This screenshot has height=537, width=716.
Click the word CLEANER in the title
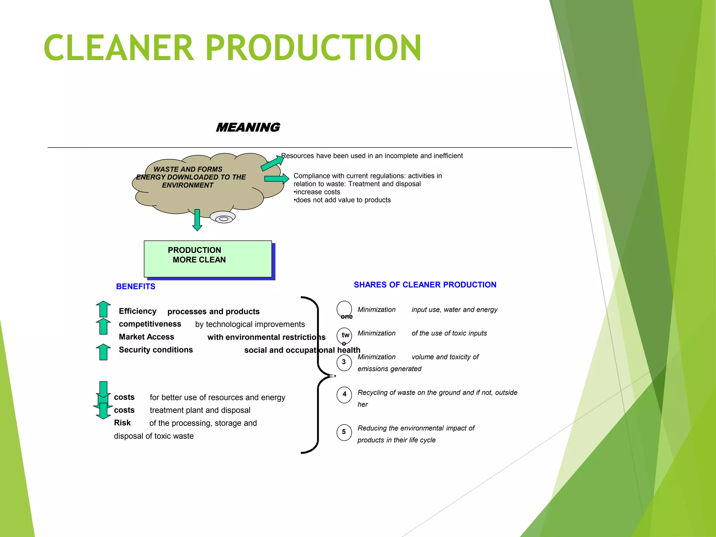[x=119, y=48]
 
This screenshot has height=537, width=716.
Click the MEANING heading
[x=248, y=127]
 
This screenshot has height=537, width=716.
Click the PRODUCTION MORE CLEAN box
[x=208, y=259]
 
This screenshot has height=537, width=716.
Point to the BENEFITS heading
[x=136, y=286]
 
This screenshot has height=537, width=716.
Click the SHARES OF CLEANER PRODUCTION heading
[x=425, y=285]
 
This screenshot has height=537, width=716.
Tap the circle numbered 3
[x=344, y=362]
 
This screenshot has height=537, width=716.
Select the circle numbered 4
[x=344, y=394]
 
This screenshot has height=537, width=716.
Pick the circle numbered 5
[x=344, y=432]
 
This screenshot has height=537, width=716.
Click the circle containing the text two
[x=344, y=335]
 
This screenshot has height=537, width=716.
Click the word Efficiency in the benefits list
[x=137, y=311]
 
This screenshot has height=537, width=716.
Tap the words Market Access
[x=146, y=337]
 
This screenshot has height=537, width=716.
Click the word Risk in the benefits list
[x=122, y=423]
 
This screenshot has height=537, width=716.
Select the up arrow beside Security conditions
[x=103, y=352]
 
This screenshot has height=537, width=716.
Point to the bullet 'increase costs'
[x=317, y=192]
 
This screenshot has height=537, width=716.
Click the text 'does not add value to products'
[x=343, y=200]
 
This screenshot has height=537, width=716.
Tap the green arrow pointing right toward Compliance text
[x=276, y=179]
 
